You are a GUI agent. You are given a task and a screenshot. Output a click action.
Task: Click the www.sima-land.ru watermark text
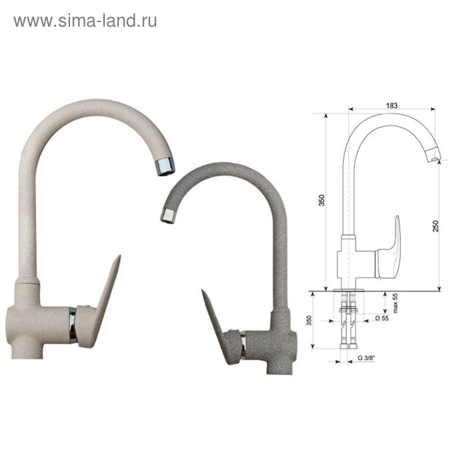click(x=85, y=21)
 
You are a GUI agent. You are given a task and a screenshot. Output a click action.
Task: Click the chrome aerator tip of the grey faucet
click(x=168, y=215)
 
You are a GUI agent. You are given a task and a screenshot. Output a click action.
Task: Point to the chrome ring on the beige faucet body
click(x=73, y=324)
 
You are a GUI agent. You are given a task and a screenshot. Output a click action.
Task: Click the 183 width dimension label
click(x=392, y=105)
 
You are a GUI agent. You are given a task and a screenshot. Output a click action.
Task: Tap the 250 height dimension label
click(x=436, y=226)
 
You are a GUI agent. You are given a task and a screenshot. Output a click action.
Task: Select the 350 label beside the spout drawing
click(x=322, y=200)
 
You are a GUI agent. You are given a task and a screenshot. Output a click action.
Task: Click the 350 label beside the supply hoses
click(x=309, y=320)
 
